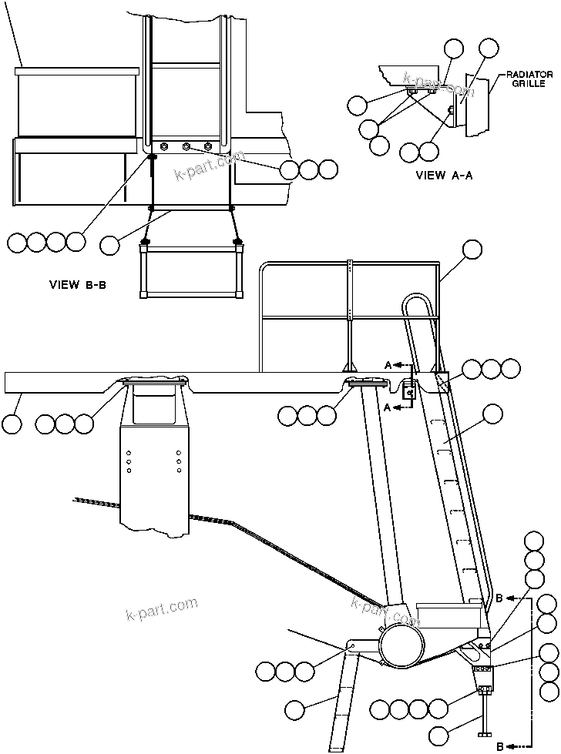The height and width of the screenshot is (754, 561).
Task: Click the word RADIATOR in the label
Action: [529, 75]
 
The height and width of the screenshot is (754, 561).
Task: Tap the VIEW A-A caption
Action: [444, 175]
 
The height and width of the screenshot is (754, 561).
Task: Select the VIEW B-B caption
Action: [77, 284]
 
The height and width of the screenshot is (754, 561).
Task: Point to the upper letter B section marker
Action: [499, 598]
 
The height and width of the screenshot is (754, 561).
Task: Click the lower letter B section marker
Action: [499, 746]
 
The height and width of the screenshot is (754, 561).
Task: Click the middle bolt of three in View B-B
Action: [185, 146]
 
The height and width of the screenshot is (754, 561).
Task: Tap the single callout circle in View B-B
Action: [110, 245]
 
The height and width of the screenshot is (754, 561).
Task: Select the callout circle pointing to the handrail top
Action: [472, 249]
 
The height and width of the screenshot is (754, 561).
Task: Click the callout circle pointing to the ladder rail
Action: [492, 415]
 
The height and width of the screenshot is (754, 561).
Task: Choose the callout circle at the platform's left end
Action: [12, 422]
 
